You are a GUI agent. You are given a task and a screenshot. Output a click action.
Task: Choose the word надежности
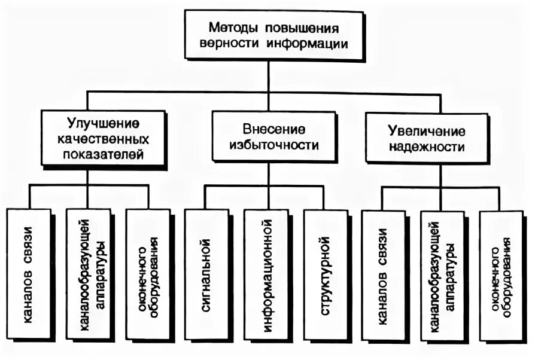click(426, 145)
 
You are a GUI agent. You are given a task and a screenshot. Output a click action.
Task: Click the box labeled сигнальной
click(206, 274)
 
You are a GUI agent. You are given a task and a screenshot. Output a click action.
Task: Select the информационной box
click(266, 274)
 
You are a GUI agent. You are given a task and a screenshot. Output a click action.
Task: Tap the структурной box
click(326, 274)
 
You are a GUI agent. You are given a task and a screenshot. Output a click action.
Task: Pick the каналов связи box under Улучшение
click(29, 274)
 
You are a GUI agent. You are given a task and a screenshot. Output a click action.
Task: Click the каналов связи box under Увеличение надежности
click(383, 274)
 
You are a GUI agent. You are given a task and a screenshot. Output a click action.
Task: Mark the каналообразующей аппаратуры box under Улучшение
click(88, 274)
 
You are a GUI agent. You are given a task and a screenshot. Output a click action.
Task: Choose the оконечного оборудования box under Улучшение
click(147, 274)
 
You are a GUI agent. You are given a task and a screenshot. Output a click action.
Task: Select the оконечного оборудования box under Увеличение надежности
click(501, 274)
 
